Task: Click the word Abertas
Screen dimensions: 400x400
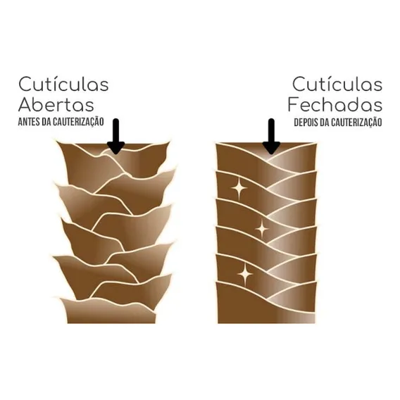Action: [x=56, y=105]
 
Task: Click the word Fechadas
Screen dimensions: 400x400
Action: [x=335, y=105]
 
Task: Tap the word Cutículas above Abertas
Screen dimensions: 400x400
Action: [x=63, y=85]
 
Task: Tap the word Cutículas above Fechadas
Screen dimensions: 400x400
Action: [x=337, y=85]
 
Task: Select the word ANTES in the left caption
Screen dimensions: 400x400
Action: [x=29, y=122]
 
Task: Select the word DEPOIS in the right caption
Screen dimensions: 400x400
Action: [x=306, y=123]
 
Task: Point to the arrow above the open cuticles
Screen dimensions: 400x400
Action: [x=115, y=137]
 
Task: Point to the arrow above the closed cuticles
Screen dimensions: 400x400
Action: [x=271, y=137]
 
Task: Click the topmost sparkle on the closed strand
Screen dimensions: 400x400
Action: [x=239, y=188]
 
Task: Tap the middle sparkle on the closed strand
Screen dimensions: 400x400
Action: [x=261, y=229]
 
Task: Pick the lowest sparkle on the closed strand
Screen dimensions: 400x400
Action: [x=245, y=274]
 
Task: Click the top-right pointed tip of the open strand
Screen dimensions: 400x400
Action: [x=170, y=142]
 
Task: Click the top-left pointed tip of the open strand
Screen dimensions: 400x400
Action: [x=56, y=142]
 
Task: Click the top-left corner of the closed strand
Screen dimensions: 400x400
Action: [x=216, y=144]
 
